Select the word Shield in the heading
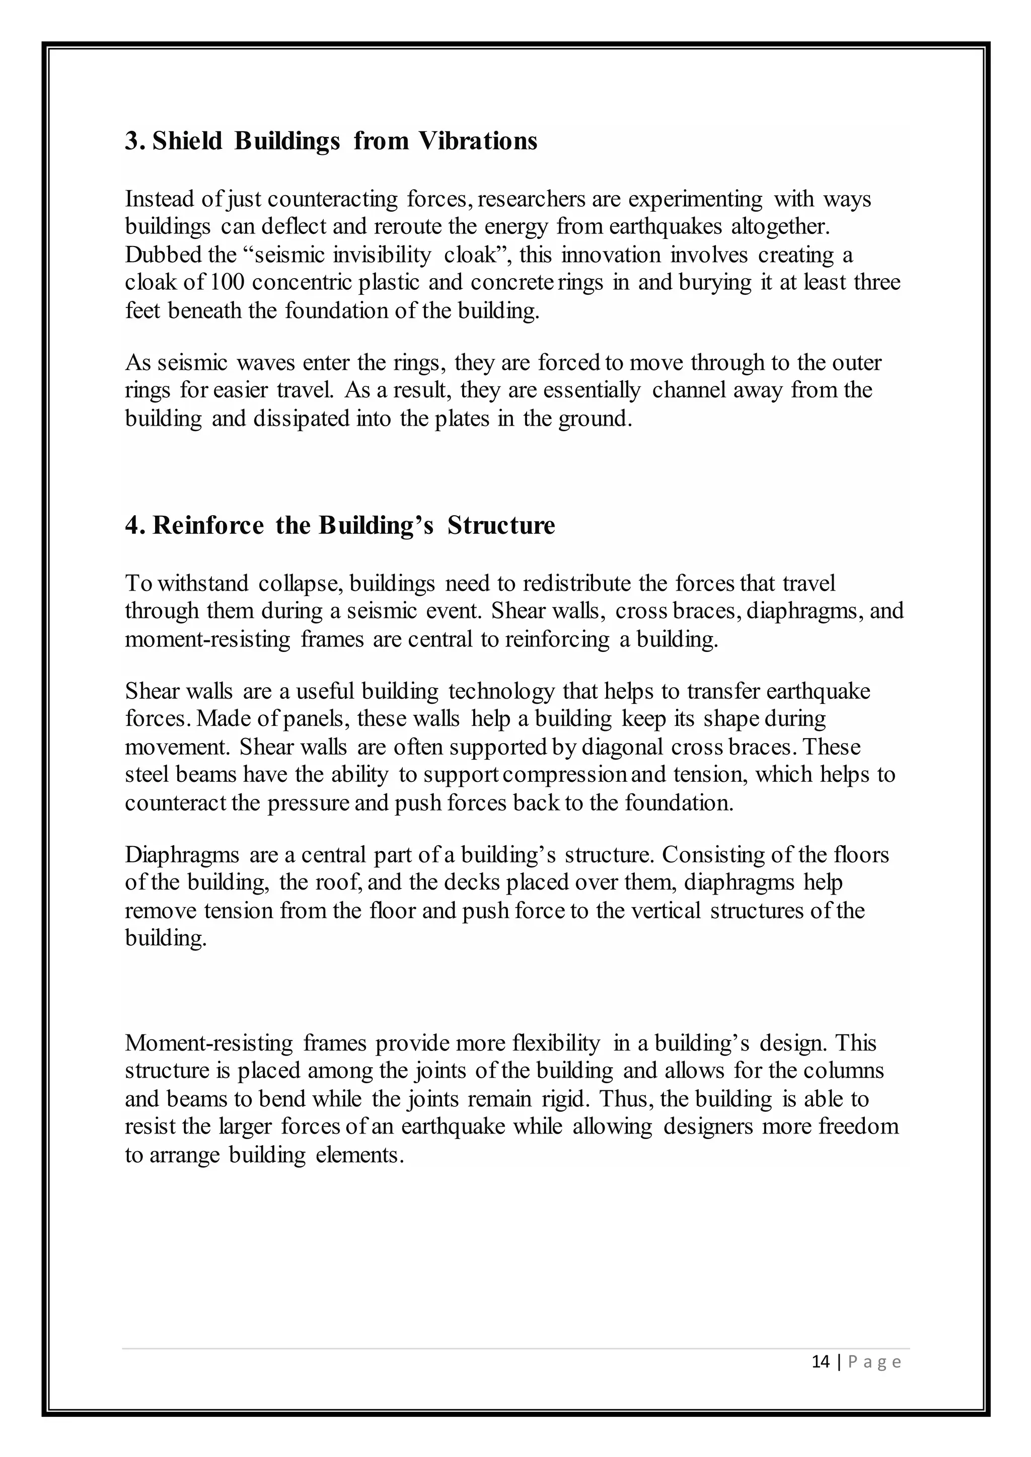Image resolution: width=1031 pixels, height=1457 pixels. pos(187,141)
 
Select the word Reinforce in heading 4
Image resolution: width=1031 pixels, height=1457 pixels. pos(207,525)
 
